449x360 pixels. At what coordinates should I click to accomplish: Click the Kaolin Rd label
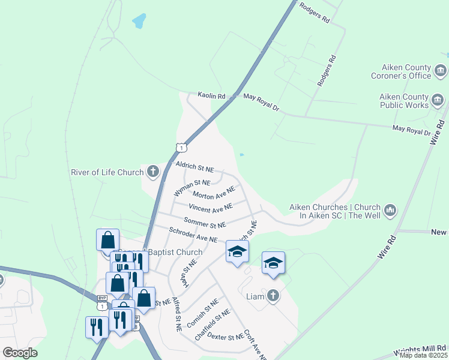[211, 96]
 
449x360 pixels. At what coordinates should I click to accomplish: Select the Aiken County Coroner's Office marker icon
[441, 72]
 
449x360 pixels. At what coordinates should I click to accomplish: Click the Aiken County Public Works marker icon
[438, 100]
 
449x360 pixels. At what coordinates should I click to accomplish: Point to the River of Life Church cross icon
[152, 173]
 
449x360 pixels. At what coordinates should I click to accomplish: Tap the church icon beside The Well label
[391, 210]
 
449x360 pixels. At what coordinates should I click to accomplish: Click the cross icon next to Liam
[273, 296]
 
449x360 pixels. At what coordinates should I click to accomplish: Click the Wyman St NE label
[192, 187]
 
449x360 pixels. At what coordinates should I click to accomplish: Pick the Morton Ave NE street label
[213, 194]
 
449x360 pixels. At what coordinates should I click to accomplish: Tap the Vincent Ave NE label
[210, 208]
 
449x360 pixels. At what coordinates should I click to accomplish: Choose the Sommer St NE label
[205, 223]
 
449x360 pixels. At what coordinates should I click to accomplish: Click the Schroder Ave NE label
[193, 235]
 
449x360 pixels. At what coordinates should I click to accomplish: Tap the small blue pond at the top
[139, 22]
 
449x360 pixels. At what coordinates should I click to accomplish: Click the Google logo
[20, 353]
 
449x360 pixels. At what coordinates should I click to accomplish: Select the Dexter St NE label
[226, 337]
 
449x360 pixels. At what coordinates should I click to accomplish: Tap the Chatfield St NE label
[212, 325]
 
